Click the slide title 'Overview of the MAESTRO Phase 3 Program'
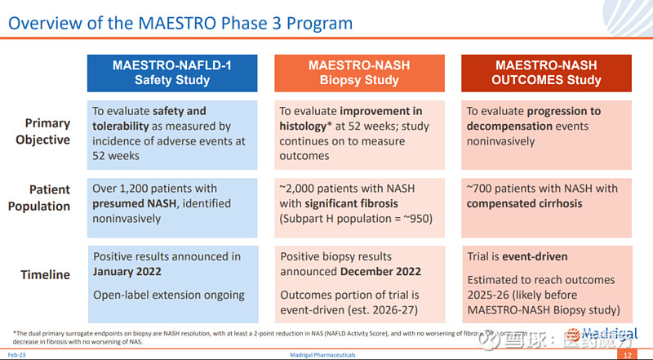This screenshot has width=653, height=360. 180,23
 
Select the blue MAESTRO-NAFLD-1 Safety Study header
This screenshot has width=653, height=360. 172,72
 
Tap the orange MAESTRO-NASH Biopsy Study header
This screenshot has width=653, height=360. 359,72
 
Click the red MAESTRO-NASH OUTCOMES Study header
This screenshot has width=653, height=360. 546,72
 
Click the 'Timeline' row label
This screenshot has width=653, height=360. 48,275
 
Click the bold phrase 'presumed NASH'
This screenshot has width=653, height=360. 134,203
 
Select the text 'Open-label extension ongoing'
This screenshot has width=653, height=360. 169,295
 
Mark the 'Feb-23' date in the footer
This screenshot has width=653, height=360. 16,355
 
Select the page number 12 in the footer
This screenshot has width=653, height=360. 626,355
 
